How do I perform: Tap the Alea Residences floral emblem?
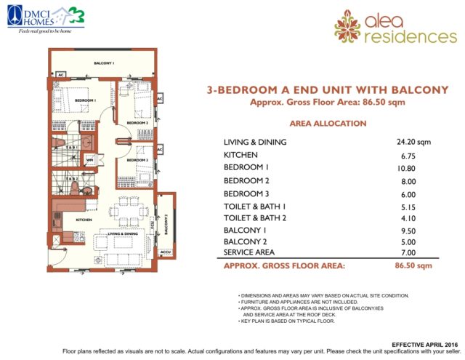coord(347,25)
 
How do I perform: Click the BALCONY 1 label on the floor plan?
coord(104,64)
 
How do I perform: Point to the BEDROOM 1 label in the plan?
coord(86,100)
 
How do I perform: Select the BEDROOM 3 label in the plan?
coord(138,159)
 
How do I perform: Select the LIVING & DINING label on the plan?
coord(124,233)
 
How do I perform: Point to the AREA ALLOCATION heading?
coord(328,124)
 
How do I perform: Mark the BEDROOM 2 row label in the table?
coord(246,180)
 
